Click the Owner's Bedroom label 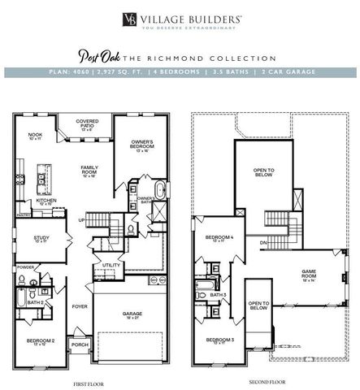click(x=142, y=145)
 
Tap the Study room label click(x=41, y=239)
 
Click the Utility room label click(x=111, y=265)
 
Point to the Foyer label click(x=80, y=306)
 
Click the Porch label click(x=80, y=344)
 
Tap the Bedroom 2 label click(x=41, y=341)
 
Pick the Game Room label click(x=309, y=276)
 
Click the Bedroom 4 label click(x=219, y=239)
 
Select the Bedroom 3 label click(x=219, y=340)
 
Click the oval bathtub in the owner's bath click(x=159, y=193)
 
